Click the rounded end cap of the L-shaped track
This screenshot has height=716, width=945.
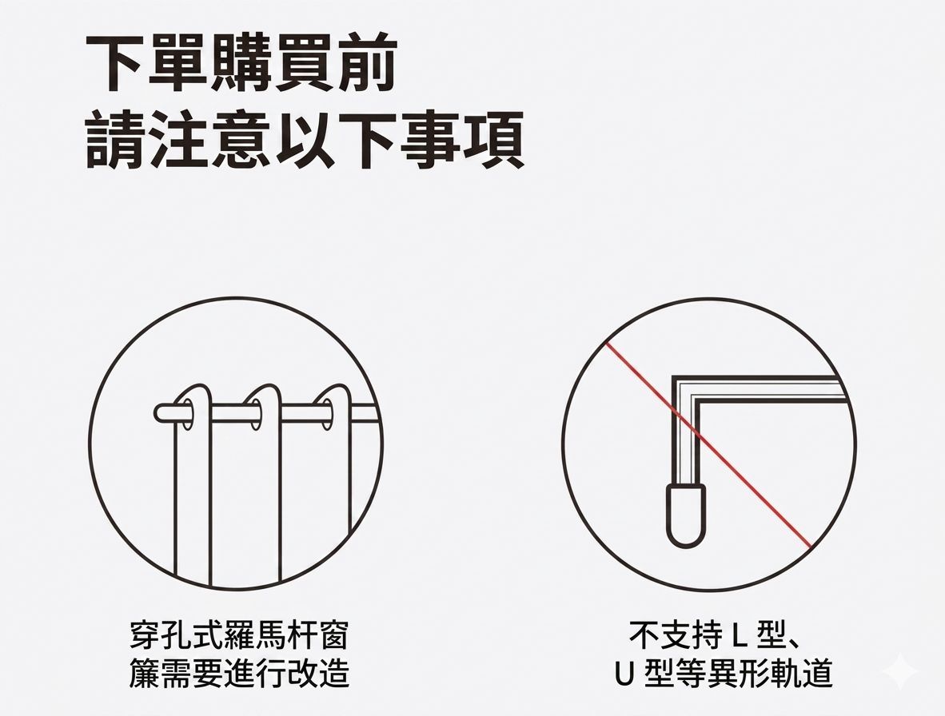pos(686,516)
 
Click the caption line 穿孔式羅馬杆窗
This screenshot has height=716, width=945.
pos(239,638)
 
